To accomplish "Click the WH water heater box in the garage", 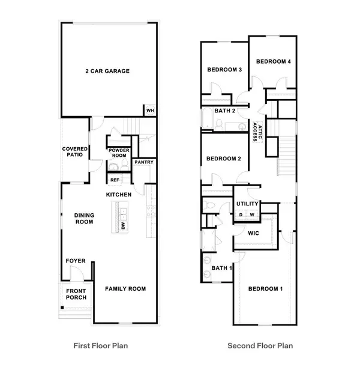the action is [x=151, y=110].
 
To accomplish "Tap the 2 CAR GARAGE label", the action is [x=107, y=71].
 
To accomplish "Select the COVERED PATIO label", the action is [x=75, y=152].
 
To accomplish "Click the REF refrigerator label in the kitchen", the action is [x=115, y=180].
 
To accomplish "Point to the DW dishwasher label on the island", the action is [x=123, y=226].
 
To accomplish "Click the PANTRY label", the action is [x=144, y=162].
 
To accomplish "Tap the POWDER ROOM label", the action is [x=119, y=153].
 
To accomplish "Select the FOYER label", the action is [x=76, y=261].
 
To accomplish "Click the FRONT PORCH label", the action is [x=76, y=294].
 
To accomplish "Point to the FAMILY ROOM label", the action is [x=125, y=289].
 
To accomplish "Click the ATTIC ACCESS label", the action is [x=257, y=132].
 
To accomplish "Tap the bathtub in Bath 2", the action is [x=207, y=118].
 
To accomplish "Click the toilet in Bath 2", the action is [x=219, y=125].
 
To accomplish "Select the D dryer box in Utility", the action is [x=241, y=214].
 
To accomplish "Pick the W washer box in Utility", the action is [x=252, y=214].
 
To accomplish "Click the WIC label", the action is [x=253, y=233].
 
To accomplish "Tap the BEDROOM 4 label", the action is [x=274, y=61].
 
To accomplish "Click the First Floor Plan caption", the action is [x=101, y=346].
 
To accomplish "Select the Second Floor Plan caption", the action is [x=260, y=346].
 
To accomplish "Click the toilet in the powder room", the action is [x=125, y=165].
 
